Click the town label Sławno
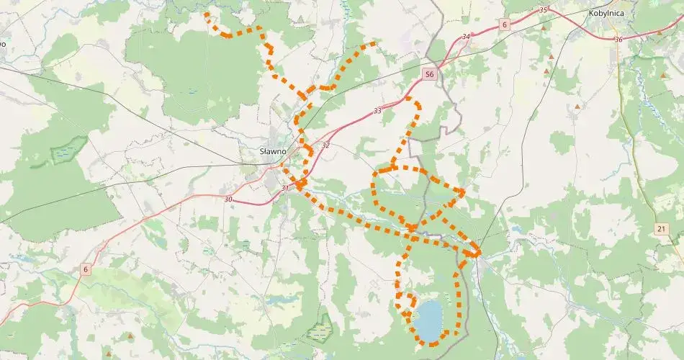[273, 151]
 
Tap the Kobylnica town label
[606, 12]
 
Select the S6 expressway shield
[429, 73]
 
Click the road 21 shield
[662, 228]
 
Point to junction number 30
[228, 199]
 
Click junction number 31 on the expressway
[285, 188]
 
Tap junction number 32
[325, 145]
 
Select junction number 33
[377, 111]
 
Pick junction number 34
[467, 36]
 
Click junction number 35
[543, 9]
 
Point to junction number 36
[617, 39]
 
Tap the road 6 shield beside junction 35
[505, 24]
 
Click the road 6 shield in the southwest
[86, 269]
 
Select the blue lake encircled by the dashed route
[430, 320]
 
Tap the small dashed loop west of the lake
[408, 302]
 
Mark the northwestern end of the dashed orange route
[207, 14]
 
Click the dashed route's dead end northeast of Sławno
[374, 44]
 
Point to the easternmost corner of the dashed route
[479, 253]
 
